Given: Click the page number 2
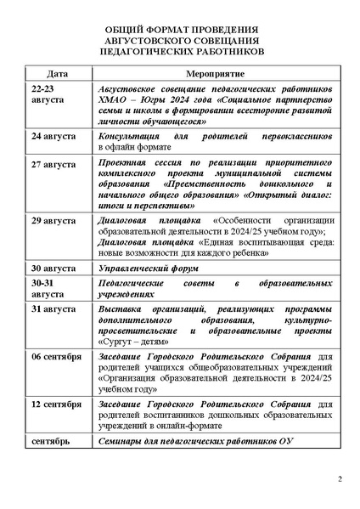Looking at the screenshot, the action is (x=339, y=481).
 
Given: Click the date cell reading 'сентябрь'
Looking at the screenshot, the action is (x=48, y=443).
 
